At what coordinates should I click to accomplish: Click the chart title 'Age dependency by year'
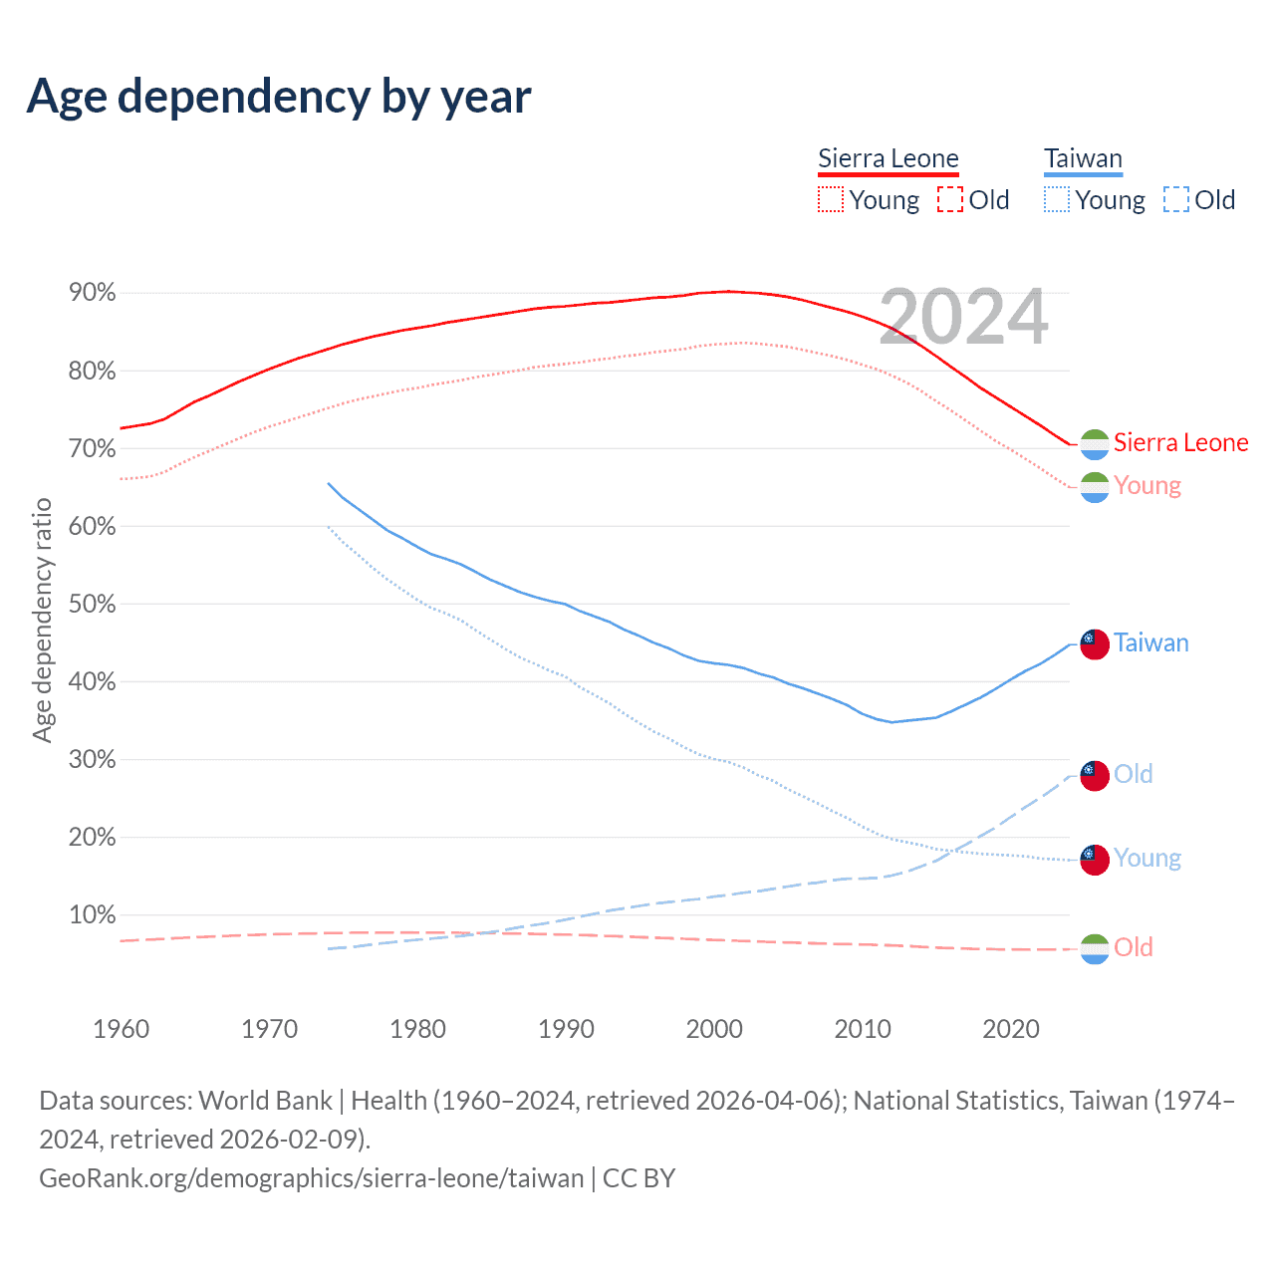pyautogui.click(x=279, y=97)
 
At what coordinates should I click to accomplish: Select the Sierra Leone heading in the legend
pyautogui.click(x=888, y=158)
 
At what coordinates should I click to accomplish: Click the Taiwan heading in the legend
pyautogui.click(x=1083, y=158)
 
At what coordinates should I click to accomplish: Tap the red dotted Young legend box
pyautogui.click(x=830, y=199)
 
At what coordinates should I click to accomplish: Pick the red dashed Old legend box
pyautogui.click(x=950, y=199)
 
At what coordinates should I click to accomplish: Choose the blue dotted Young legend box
pyautogui.click(x=1056, y=199)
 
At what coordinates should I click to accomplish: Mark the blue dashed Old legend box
pyautogui.click(x=1176, y=199)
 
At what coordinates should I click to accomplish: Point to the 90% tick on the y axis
pyautogui.click(x=92, y=293)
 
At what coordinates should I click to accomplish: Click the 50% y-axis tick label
pyautogui.click(x=92, y=605)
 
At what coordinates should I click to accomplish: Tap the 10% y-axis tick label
pyautogui.click(x=92, y=915)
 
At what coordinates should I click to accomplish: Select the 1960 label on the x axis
pyautogui.click(x=121, y=1029)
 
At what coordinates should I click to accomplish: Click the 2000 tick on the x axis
pyautogui.click(x=714, y=1029)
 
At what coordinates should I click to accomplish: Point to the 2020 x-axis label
pyautogui.click(x=1011, y=1029)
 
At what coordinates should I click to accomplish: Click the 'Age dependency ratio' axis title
pyautogui.click(x=42, y=621)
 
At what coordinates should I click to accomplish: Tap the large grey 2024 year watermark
pyautogui.click(x=963, y=318)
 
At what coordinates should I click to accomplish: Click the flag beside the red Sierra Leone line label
pyautogui.click(x=1095, y=443)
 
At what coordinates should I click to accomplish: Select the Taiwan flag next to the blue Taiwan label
pyautogui.click(x=1095, y=644)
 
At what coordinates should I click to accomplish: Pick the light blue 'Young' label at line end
pyautogui.click(x=1147, y=858)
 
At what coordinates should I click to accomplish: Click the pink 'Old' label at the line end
pyautogui.click(x=1134, y=947)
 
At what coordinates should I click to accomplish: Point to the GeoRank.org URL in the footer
pyautogui.click(x=312, y=1178)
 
